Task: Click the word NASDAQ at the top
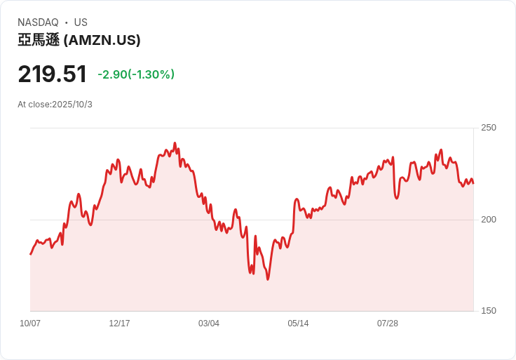pos(38,22)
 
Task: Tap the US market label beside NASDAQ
pos(81,22)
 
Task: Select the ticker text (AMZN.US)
pos(102,40)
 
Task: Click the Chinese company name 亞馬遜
pos(39,40)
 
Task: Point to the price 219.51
pos(53,74)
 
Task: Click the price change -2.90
pos(112,74)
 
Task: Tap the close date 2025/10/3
pos(72,105)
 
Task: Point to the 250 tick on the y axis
pos(488,128)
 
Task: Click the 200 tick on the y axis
pos(488,220)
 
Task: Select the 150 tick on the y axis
pos(488,311)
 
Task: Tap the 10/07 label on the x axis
pos(30,324)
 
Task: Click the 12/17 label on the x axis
pos(119,324)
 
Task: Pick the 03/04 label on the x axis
pos(209,324)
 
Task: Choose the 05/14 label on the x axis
pos(298,324)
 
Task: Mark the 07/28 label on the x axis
pos(388,324)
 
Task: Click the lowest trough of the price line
pos(268,279)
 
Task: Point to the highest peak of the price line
pos(175,143)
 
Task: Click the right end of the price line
pos(473,183)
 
